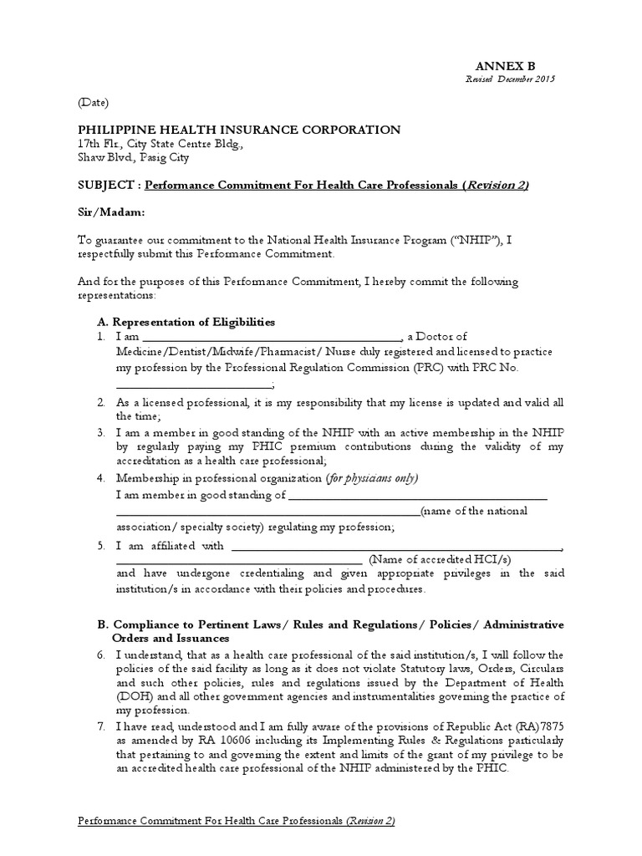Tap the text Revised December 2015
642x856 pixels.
(510, 79)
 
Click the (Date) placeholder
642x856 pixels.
(94, 103)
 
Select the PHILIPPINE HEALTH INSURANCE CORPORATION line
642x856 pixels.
(239, 130)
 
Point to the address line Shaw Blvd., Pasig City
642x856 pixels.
(134, 157)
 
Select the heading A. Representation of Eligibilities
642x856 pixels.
(186, 322)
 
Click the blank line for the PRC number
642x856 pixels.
(194, 386)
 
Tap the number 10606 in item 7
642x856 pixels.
(209, 741)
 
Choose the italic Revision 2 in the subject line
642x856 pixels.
(498, 185)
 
